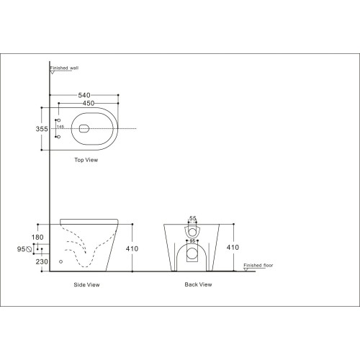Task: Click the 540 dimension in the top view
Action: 84,95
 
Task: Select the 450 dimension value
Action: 89,103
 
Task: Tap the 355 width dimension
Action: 42,129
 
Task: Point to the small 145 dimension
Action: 60,127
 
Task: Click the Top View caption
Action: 86,160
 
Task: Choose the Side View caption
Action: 86,285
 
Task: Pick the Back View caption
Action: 198,284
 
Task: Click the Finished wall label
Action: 64,68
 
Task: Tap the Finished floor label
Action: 258,265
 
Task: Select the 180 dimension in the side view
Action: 37,237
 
